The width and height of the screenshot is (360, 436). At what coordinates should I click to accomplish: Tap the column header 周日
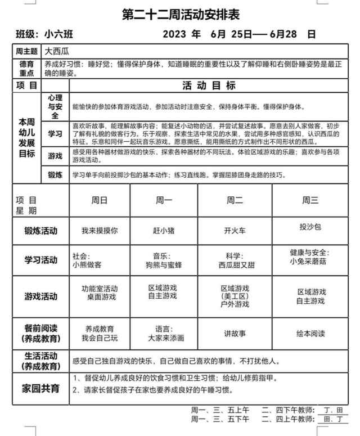[x=100, y=200]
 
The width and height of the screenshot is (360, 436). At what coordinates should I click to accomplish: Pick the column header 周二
[x=235, y=200]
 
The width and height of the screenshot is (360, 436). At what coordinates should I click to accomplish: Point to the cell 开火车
[x=235, y=230]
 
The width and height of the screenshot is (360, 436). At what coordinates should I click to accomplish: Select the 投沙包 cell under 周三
[x=310, y=227]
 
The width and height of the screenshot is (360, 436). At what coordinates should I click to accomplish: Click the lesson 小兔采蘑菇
[x=310, y=262]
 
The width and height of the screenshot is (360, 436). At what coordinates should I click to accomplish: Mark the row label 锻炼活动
[x=40, y=231]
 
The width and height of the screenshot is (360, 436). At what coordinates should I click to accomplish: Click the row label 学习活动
[x=40, y=260]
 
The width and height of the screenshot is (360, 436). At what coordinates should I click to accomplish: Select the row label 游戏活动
[x=40, y=296]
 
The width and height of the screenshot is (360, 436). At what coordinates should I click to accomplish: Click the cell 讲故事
[x=235, y=334]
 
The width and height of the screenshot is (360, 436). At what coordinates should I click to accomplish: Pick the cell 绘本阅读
[x=310, y=334]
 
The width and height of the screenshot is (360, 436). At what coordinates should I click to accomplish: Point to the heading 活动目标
[x=209, y=86]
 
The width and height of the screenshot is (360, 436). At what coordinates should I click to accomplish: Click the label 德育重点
[x=26, y=69]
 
